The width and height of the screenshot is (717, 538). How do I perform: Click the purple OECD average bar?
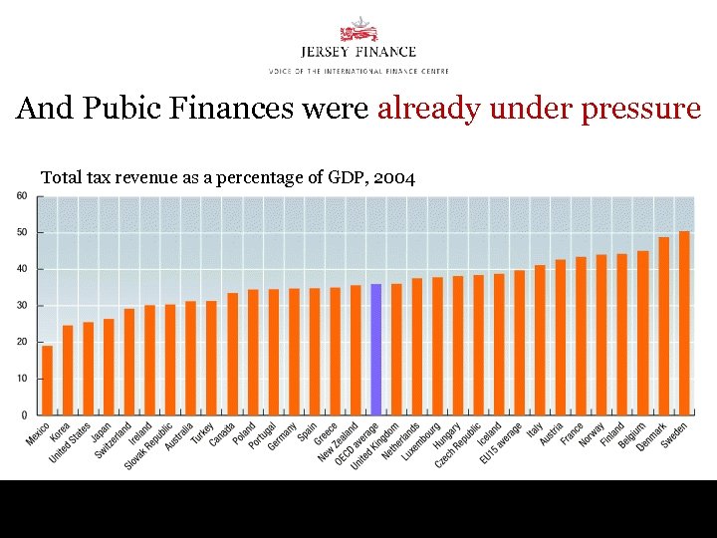click(x=375, y=350)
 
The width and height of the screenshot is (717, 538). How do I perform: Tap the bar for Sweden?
click(x=684, y=323)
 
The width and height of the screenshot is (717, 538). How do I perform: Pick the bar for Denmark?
click(x=663, y=326)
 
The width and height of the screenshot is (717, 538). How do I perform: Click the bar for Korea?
click(x=68, y=370)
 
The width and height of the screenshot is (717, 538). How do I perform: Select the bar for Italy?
click(x=540, y=340)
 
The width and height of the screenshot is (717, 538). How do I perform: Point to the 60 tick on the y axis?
click(x=22, y=195)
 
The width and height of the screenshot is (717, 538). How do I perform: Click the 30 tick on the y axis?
click(x=22, y=305)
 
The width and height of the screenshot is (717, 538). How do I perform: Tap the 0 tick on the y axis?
click(x=25, y=414)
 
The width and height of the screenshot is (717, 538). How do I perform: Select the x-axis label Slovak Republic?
click(x=150, y=446)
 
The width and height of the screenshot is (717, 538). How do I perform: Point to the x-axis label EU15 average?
click(x=500, y=444)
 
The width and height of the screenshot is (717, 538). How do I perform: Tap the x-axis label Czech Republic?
click(x=459, y=446)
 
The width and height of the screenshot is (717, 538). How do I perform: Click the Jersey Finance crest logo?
click(x=358, y=29)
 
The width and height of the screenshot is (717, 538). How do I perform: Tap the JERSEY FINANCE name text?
click(x=358, y=52)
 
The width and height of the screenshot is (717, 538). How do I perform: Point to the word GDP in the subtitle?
click(x=344, y=177)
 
